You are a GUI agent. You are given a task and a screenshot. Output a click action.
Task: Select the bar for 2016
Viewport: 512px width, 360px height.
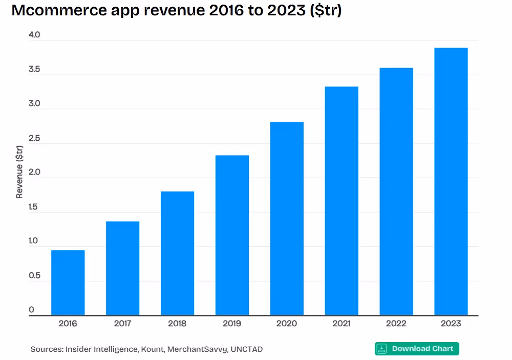(68, 282)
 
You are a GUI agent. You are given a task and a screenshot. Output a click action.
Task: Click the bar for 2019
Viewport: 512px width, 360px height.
(232, 235)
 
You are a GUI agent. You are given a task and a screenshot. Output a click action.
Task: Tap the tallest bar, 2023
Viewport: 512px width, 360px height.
(451, 181)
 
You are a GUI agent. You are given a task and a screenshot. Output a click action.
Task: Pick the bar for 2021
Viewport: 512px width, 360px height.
(342, 201)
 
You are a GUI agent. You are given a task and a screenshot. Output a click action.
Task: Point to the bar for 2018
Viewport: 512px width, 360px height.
(177, 253)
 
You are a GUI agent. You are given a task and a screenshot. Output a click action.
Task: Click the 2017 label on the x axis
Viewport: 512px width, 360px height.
(122, 324)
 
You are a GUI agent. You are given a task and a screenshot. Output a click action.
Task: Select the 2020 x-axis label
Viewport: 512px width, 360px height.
(287, 324)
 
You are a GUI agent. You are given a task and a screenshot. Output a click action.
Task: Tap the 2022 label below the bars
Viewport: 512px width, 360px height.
(396, 324)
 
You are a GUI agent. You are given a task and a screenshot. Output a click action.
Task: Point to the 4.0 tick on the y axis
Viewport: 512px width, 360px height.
(34, 35)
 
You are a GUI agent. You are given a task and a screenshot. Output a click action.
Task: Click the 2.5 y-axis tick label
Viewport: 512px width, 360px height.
(34, 139)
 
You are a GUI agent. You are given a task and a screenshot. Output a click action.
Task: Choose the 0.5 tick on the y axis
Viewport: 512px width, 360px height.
(34, 276)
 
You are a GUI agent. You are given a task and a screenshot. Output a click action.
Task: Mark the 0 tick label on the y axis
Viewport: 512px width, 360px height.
(31, 310)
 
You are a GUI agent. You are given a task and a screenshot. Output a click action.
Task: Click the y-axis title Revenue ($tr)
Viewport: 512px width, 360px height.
(19, 172)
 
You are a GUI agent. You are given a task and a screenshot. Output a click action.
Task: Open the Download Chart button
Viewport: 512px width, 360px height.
(417, 349)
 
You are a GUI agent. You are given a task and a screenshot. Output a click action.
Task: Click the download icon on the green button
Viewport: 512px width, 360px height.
(382, 349)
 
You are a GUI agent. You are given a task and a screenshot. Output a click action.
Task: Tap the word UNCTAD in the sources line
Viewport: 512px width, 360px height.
(246, 349)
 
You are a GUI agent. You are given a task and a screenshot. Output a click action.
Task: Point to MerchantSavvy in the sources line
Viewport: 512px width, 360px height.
(198, 349)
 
